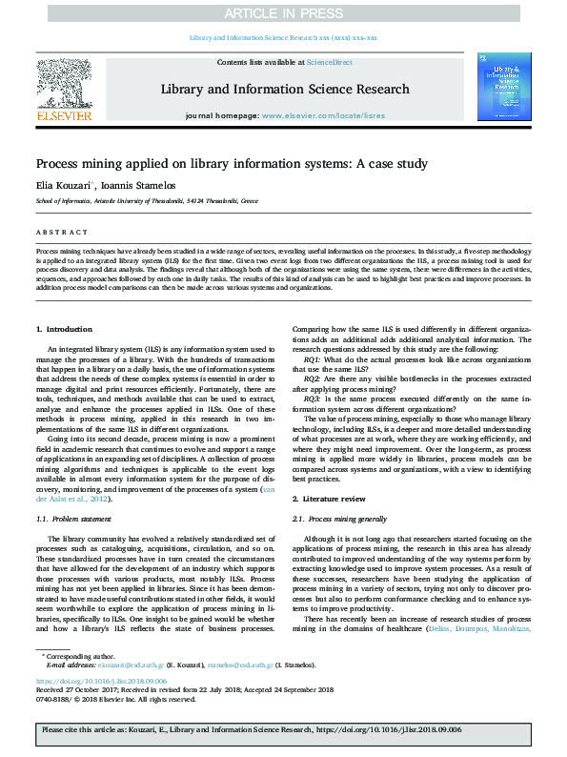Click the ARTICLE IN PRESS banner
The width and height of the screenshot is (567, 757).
pyautogui.click(x=283, y=14)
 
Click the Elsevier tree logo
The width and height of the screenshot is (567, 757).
pyautogui.click(x=64, y=82)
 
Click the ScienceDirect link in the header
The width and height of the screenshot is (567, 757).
pyautogui.click(x=329, y=62)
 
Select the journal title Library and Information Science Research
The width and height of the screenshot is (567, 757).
pyautogui.click(x=284, y=90)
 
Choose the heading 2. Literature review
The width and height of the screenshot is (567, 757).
pyautogui.click(x=330, y=499)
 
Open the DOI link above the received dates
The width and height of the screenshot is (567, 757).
pyautogui.click(x=101, y=681)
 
